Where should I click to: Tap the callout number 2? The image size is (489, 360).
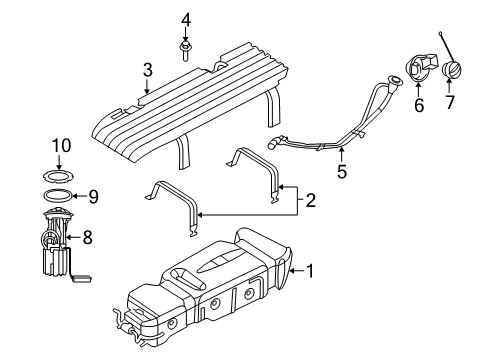(x=310, y=200)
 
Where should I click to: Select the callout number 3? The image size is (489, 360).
(x=146, y=70)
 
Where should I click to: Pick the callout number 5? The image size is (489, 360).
(x=340, y=171)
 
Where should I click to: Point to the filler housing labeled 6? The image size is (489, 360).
(x=417, y=75)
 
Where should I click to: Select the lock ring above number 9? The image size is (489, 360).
(x=57, y=170)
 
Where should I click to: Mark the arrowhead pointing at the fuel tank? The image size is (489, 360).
(x=292, y=269)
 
